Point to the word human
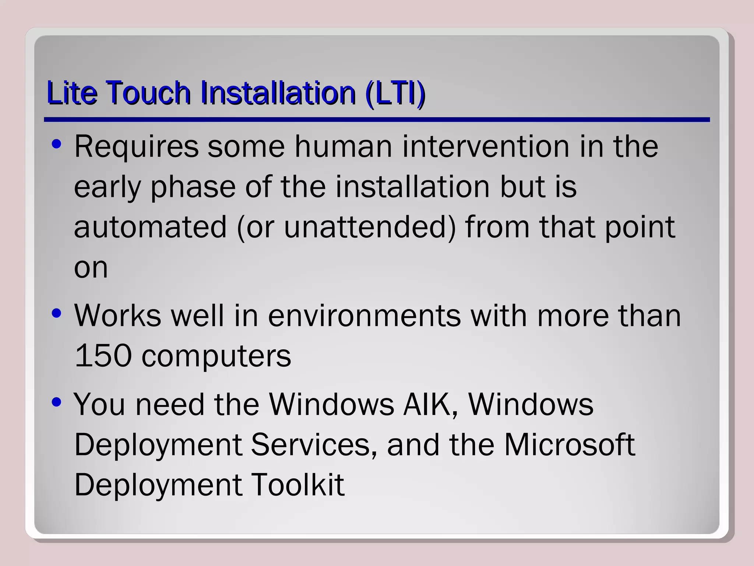[x=343, y=147]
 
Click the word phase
[x=193, y=187]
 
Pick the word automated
[x=150, y=227]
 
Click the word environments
[x=364, y=316]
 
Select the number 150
[x=103, y=356]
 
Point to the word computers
[x=216, y=357]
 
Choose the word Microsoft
[x=569, y=445]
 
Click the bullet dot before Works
[x=56, y=314]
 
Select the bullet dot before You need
[x=56, y=402]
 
